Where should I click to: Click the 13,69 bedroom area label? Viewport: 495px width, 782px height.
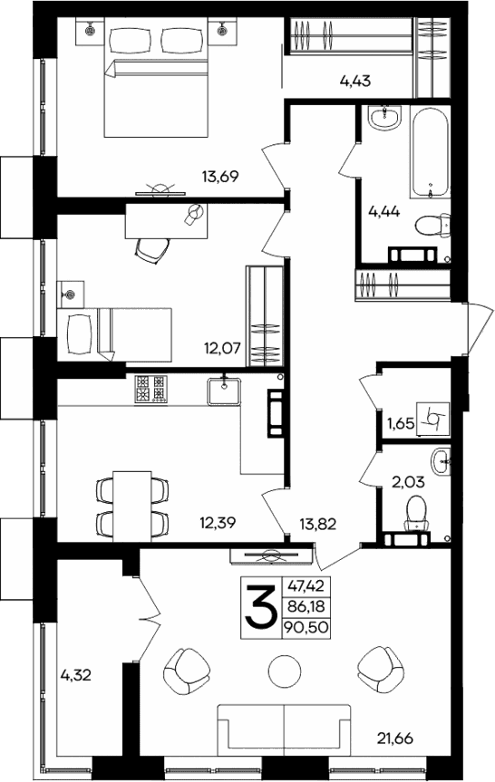(220, 177)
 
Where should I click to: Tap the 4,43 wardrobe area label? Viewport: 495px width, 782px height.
(355, 82)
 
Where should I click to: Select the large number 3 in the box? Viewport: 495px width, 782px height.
(260, 608)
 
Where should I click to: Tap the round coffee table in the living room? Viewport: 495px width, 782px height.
(282, 672)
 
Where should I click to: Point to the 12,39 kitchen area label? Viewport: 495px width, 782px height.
(218, 523)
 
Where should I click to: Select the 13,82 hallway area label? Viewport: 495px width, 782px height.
(318, 523)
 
